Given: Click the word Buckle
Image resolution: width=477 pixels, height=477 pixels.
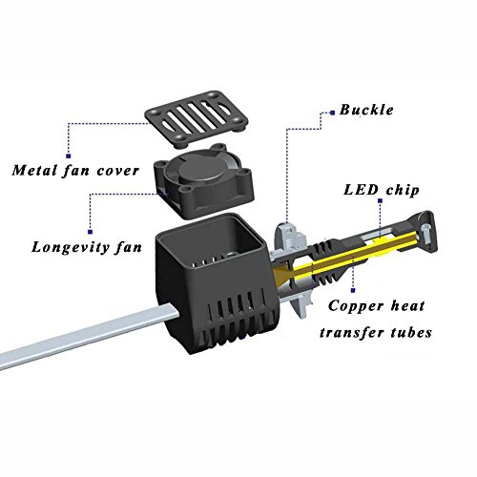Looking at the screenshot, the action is pyautogui.click(x=366, y=110).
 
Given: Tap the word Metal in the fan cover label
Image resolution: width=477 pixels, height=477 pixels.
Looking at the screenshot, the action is pyautogui.click(x=34, y=171).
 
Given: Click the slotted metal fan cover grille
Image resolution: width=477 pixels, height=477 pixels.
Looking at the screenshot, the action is pyautogui.click(x=197, y=119).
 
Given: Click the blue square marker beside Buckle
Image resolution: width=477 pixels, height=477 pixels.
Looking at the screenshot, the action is pyautogui.click(x=333, y=113).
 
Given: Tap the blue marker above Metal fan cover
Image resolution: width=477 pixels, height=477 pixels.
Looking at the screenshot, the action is pyautogui.click(x=68, y=156).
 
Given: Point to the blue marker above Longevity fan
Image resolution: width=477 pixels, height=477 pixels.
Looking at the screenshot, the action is pyautogui.click(x=90, y=232).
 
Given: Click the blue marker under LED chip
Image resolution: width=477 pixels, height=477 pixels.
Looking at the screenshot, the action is pyautogui.click(x=380, y=200).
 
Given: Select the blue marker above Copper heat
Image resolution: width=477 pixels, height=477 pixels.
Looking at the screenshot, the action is pyautogui.click(x=353, y=290).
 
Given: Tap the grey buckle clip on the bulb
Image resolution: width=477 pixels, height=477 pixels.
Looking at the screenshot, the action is pyautogui.click(x=289, y=237).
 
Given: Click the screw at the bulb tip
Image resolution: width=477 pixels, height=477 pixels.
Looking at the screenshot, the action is pyautogui.click(x=425, y=232).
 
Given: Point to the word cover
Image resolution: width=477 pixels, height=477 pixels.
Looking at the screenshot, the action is pyautogui.click(x=118, y=171).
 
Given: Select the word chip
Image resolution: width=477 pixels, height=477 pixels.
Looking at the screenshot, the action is pyautogui.click(x=403, y=191).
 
